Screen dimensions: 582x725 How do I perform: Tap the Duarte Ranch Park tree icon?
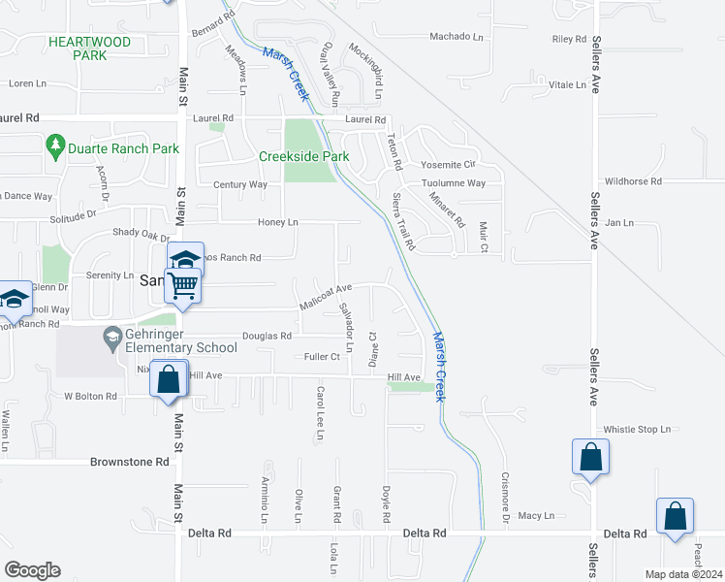tap(55, 148)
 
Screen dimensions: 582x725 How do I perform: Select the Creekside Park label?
tap(303, 156)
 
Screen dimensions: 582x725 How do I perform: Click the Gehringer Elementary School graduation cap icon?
tap(113, 338)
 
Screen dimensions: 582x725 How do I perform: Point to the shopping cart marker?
tap(183, 286)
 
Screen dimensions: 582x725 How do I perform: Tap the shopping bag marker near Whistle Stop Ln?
tap(589, 458)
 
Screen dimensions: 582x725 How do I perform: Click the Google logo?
tap(32, 570)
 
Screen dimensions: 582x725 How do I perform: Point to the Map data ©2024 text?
tap(683, 574)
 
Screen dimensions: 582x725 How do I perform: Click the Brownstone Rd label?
tap(129, 463)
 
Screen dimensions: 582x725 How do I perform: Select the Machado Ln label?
tap(457, 37)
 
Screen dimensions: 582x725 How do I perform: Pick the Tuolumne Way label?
tap(453, 183)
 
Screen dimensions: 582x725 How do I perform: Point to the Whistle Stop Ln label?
tap(638, 429)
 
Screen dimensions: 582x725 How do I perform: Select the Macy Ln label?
tap(536, 515)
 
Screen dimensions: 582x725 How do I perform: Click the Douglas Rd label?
tap(267, 336)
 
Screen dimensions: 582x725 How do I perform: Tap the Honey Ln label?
tap(277, 222)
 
